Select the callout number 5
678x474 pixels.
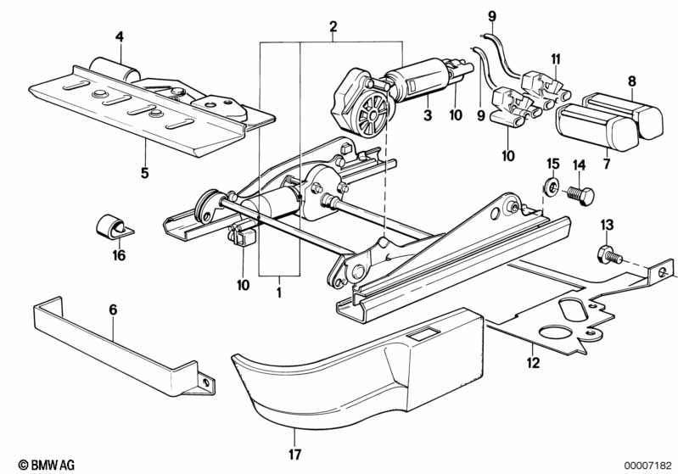click(x=144, y=173)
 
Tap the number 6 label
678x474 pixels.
click(x=112, y=310)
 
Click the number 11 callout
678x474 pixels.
click(x=556, y=59)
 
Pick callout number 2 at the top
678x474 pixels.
click(x=333, y=26)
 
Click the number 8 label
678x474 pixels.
click(x=632, y=81)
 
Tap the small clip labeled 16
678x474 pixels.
click(x=109, y=227)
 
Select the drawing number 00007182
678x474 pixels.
click(x=646, y=465)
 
